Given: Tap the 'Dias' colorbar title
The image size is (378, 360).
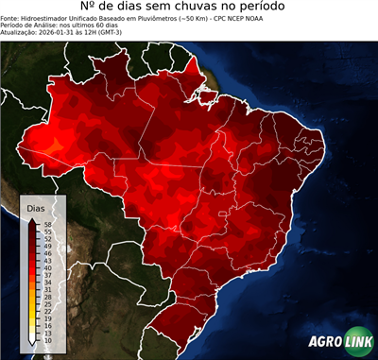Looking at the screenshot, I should [x=37, y=207].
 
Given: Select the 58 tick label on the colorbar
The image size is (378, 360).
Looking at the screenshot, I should [x=48, y=224].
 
